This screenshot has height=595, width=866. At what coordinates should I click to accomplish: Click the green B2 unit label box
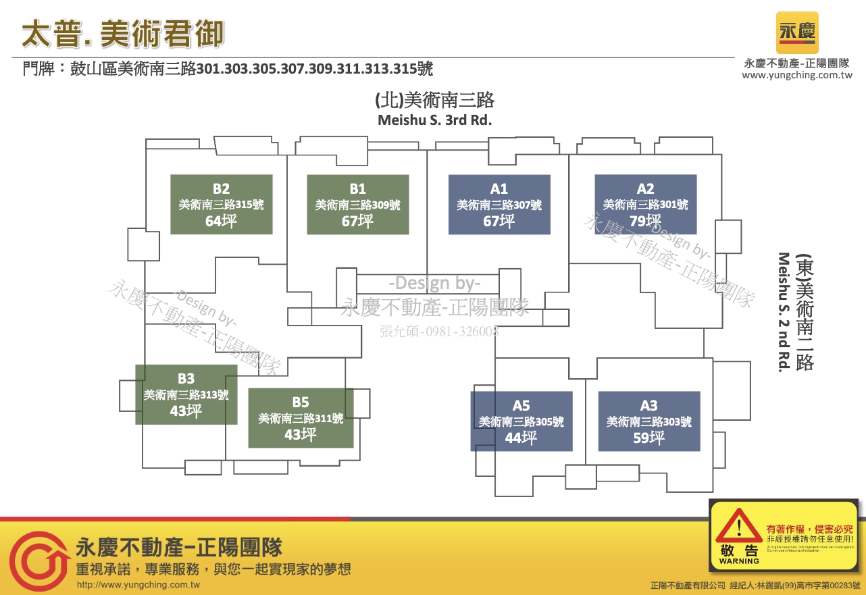click(x=221, y=205)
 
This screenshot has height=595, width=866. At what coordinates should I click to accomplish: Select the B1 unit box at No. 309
click(x=357, y=205)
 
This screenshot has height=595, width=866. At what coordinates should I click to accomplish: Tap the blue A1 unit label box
click(x=499, y=205)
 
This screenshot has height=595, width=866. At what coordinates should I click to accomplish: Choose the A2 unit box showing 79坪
click(x=645, y=205)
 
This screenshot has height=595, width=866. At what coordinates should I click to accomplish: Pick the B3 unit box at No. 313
click(x=186, y=394)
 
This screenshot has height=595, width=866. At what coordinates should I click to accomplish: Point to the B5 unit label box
click(x=301, y=418)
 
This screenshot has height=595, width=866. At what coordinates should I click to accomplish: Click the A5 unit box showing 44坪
click(x=521, y=421)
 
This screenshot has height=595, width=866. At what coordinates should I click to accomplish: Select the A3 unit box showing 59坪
click(x=648, y=421)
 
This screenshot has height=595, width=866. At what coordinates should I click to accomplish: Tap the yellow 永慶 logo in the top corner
click(x=797, y=32)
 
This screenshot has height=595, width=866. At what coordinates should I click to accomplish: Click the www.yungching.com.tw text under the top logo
click(x=797, y=76)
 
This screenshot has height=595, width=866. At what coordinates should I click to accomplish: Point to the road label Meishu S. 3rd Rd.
click(x=434, y=121)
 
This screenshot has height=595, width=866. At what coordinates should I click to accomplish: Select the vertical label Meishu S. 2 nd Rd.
click(x=784, y=312)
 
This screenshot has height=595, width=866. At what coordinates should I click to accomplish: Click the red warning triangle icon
click(x=739, y=530)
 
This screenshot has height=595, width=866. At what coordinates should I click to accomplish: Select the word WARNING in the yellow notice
click(x=739, y=561)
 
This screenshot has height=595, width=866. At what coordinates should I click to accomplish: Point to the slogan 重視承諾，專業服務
click(x=213, y=569)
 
